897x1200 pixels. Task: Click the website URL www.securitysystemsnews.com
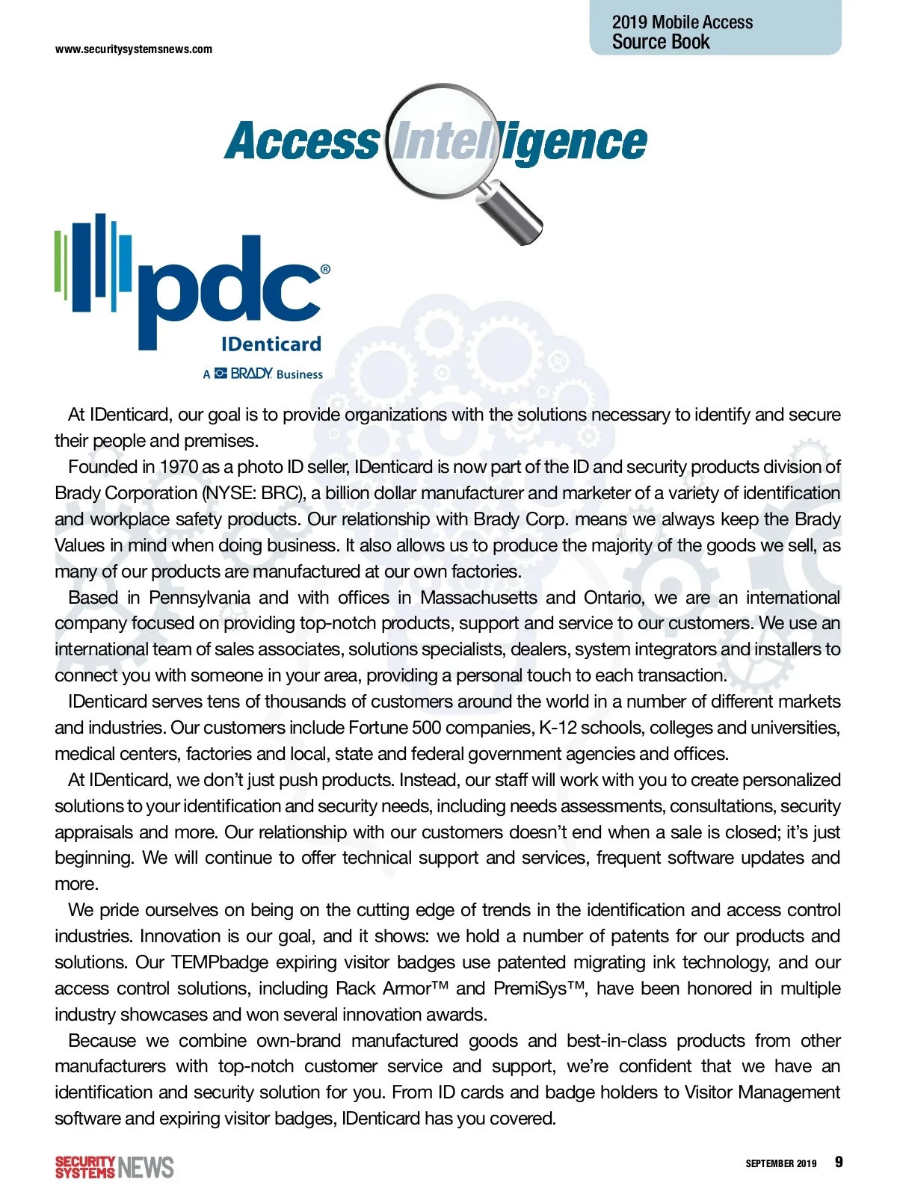[x=134, y=49]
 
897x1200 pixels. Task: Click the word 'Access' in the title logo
[x=302, y=142]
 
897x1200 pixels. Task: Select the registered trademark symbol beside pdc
[x=325, y=270]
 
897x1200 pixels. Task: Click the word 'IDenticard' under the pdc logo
[x=271, y=344]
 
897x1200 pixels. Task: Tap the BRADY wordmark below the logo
[x=251, y=374]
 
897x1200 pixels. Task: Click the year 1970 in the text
[x=179, y=467]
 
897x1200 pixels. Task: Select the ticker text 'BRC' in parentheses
[x=280, y=493]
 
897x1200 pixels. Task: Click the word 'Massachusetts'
[x=478, y=598]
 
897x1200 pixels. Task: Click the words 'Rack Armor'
[x=387, y=989]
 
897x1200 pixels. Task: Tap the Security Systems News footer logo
[x=114, y=1167]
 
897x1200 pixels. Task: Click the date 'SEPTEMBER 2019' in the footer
[x=780, y=1163]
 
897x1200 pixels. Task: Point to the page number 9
[x=839, y=1162]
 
